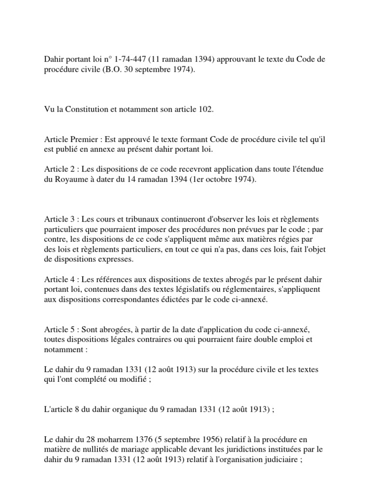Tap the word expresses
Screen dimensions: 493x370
pyautogui.click(x=121, y=259)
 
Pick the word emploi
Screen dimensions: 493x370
pyautogui.click(x=286, y=339)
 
